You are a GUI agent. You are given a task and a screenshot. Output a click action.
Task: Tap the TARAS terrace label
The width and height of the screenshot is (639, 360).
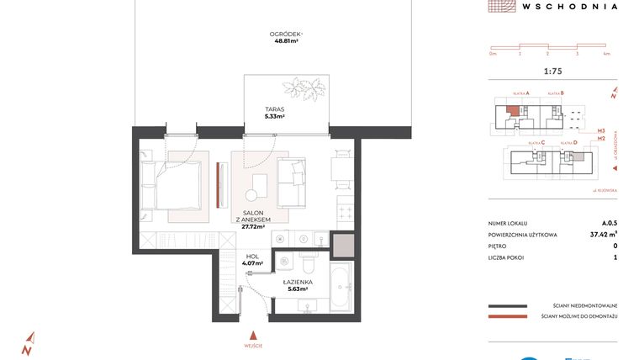point(274,109)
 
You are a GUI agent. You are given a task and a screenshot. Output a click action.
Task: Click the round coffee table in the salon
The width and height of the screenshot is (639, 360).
point(259,184)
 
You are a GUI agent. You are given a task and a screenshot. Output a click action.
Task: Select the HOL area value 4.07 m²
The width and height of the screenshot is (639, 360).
point(252,264)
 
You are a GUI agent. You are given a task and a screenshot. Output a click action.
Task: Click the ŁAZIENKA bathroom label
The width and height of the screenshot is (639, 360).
point(298,283)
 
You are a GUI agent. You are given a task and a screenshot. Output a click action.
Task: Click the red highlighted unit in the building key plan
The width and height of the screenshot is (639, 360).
point(512,109)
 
